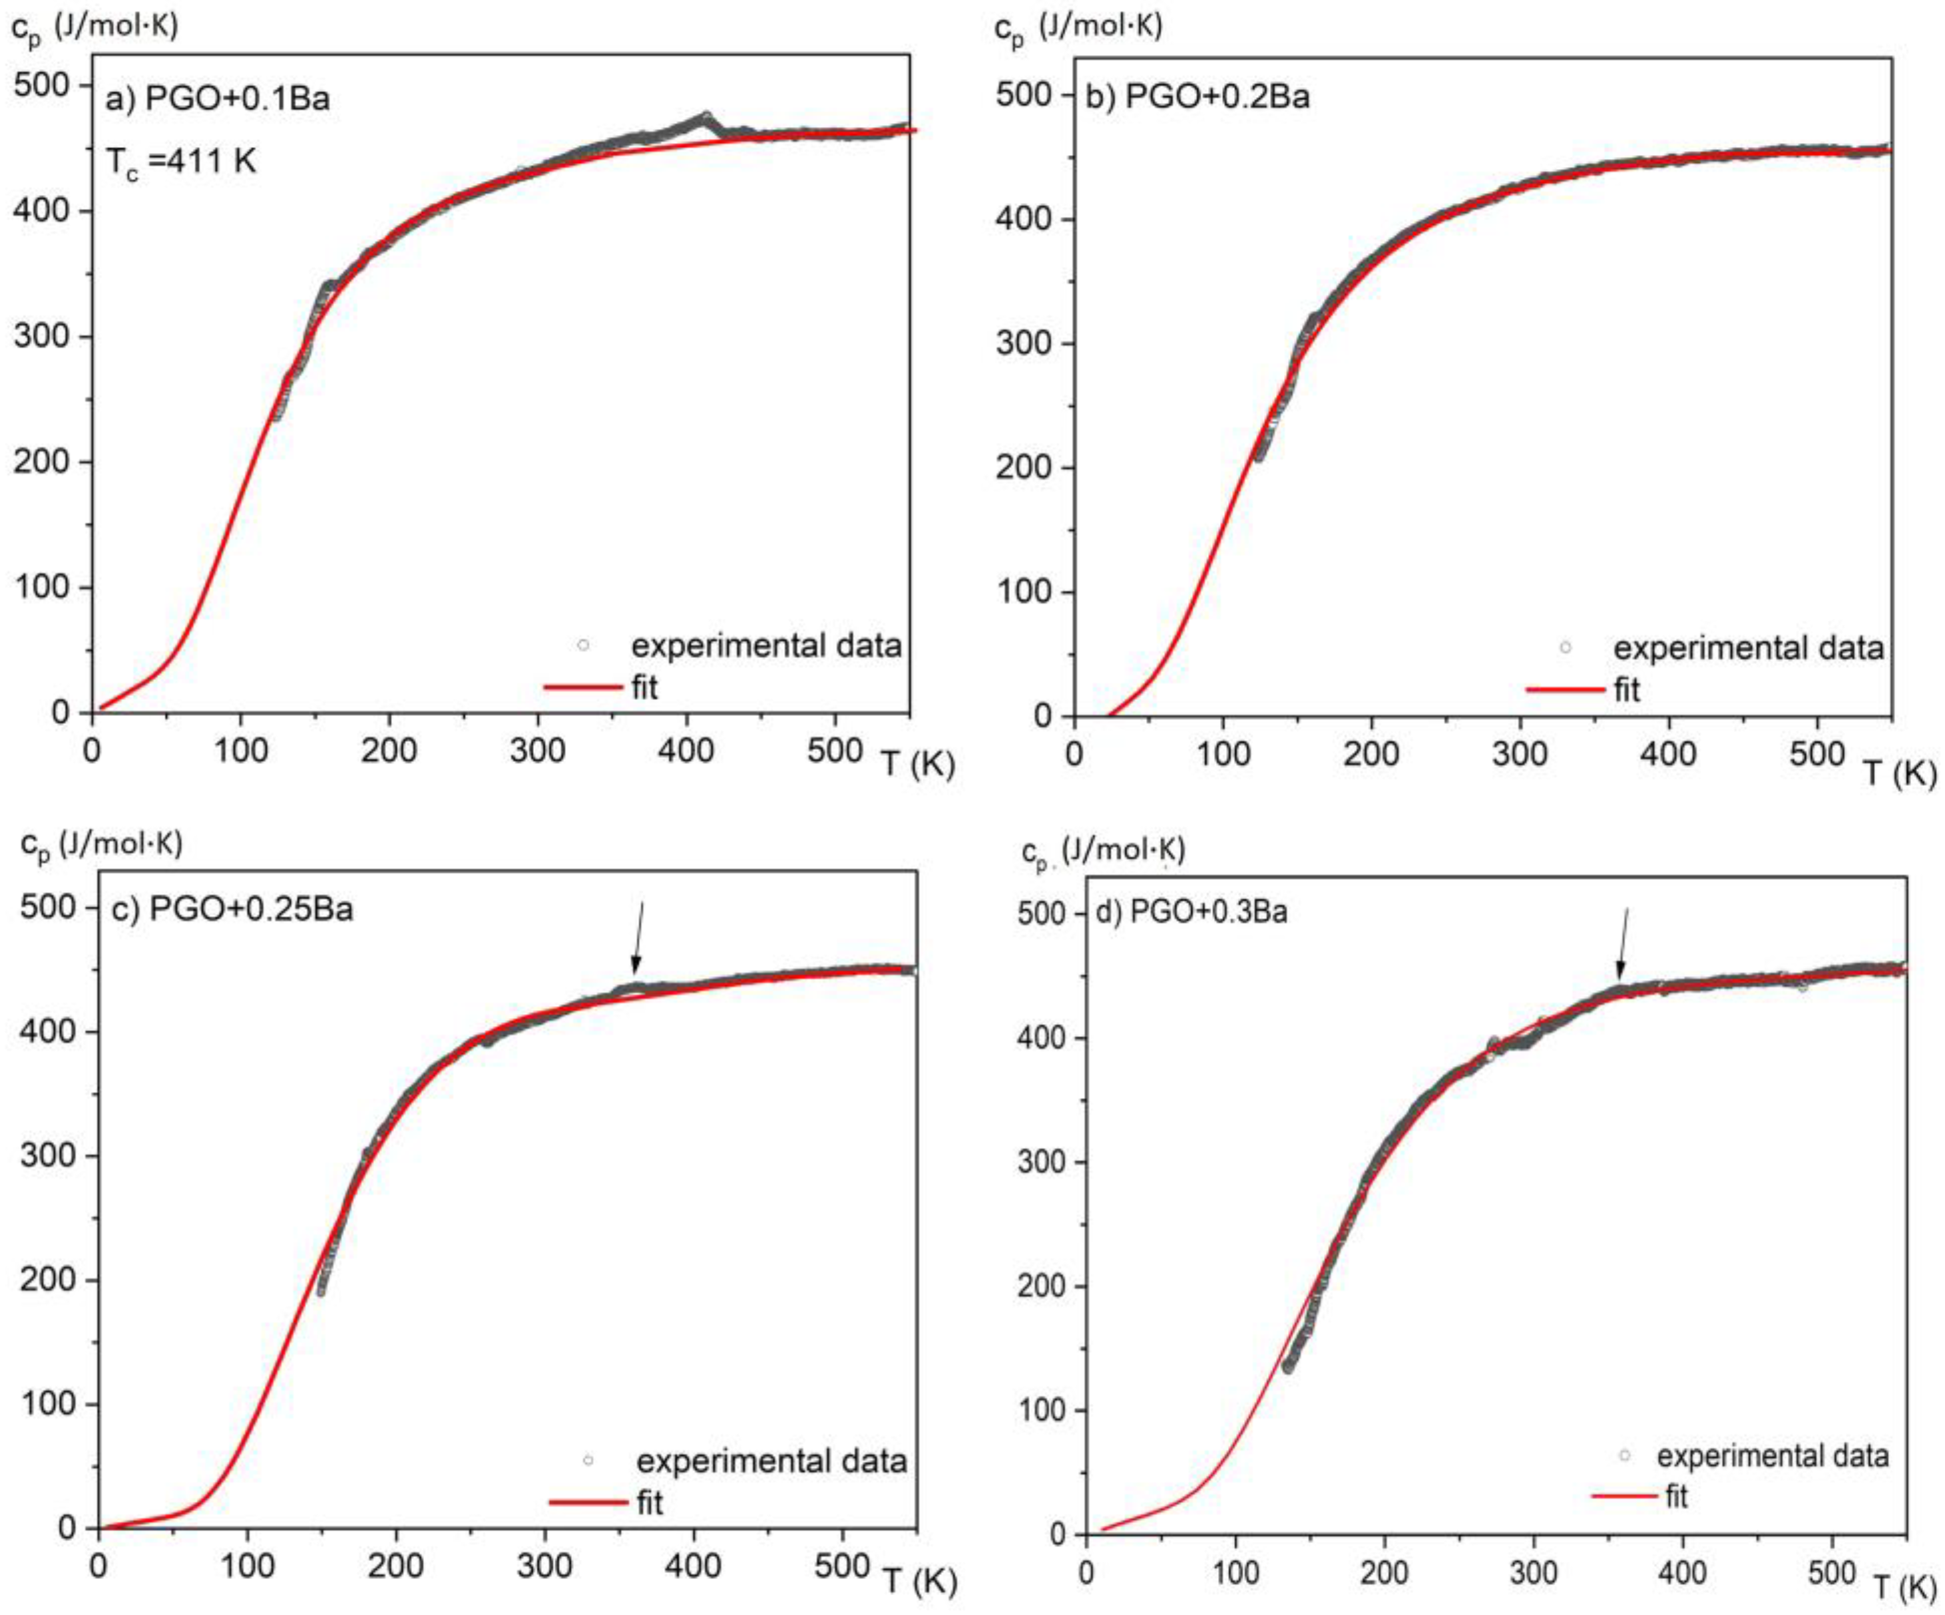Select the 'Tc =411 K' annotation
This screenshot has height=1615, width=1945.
[x=180, y=162]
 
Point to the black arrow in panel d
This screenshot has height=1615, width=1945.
[x=1623, y=943]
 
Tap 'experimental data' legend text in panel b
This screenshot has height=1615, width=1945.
[x=1749, y=647]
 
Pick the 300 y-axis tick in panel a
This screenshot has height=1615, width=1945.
[x=42, y=336]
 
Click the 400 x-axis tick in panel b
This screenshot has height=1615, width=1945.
[x=1668, y=754]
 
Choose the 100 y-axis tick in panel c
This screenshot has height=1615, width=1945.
[x=48, y=1404]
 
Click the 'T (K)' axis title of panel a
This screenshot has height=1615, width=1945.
[x=918, y=765]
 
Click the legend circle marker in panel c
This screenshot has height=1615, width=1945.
[x=587, y=1461]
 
